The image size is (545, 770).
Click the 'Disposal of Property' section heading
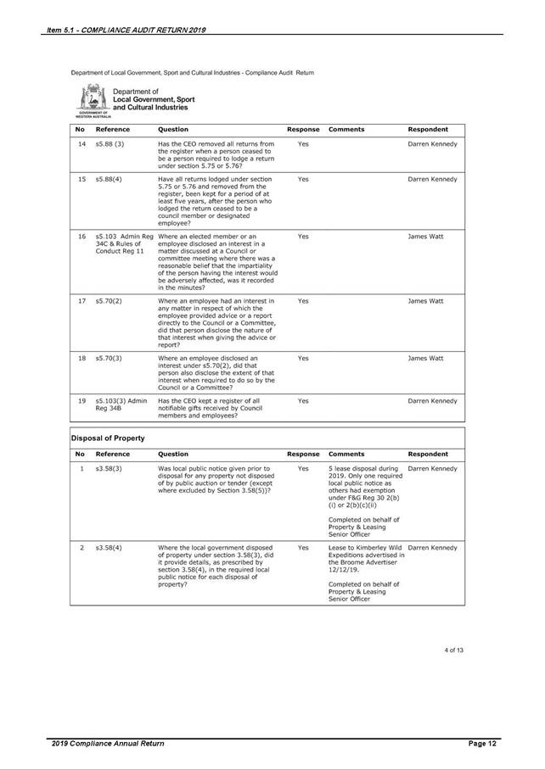(107, 438)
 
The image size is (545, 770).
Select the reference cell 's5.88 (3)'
(110, 144)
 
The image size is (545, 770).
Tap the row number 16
(82, 236)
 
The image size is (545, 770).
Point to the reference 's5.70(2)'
(109, 300)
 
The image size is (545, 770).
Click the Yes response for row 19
(303, 400)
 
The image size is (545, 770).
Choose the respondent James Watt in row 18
(425, 358)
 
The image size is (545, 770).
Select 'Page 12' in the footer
(482, 744)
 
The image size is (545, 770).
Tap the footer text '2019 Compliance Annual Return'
(108, 744)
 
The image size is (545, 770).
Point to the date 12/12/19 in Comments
(342, 569)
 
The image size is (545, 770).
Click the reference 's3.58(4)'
(110, 547)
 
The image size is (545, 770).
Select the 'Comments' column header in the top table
(346, 129)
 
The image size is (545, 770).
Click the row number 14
(82, 144)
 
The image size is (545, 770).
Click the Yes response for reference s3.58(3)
(303, 468)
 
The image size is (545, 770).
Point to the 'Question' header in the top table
(173, 129)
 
